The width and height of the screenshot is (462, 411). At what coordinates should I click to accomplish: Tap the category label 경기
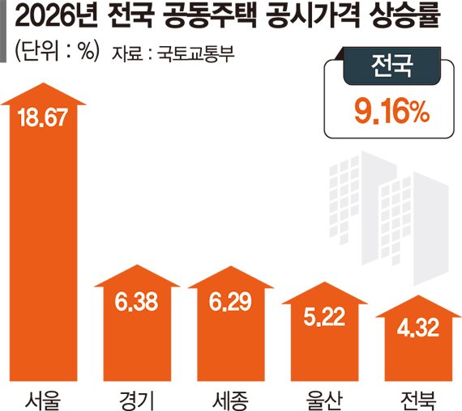click(x=136, y=396)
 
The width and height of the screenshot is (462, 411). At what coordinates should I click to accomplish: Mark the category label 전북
click(x=415, y=396)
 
